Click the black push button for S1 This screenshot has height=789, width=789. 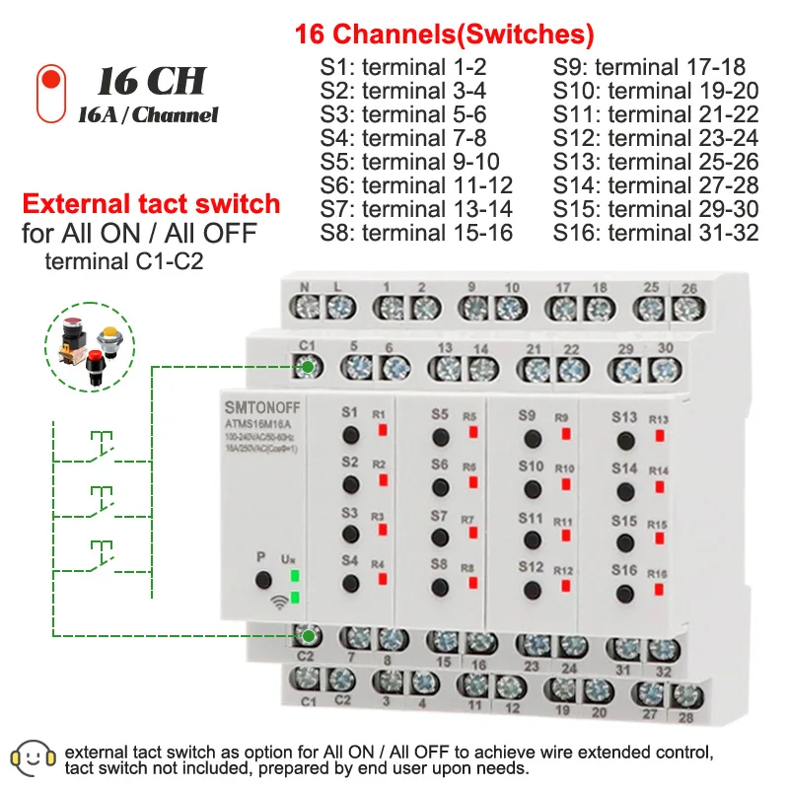(349, 435)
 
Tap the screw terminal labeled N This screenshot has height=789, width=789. (304, 308)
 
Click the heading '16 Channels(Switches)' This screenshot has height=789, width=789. (444, 36)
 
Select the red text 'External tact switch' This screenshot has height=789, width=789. (151, 205)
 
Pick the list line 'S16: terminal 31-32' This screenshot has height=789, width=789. (656, 233)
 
